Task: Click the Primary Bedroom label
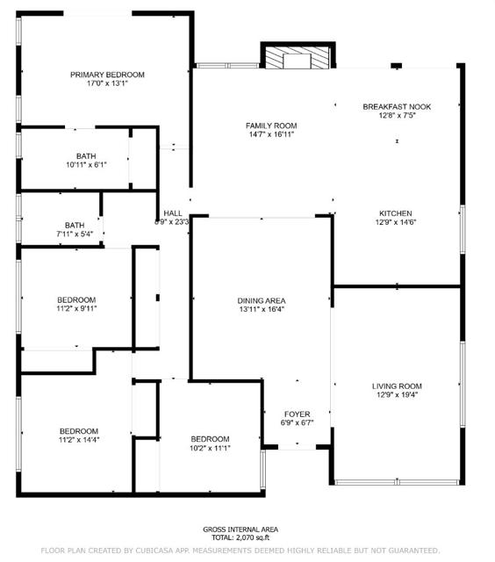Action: click(107, 75)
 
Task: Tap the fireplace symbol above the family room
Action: click(298, 55)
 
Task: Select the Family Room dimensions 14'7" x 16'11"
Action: click(271, 134)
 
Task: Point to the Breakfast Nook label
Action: click(397, 107)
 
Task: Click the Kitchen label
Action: click(396, 213)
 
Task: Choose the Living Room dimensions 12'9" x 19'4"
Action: click(397, 395)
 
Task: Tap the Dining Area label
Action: click(262, 300)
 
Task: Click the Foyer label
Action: click(298, 414)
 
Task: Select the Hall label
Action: click(173, 213)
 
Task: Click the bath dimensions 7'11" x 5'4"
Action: click(75, 234)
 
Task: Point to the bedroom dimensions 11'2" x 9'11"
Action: click(76, 308)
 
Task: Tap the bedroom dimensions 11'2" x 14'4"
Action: click(79, 440)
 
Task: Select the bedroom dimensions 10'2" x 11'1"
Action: click(210, 448)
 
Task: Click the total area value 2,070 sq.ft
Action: click(253, 537)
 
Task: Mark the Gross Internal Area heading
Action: click(240, 530)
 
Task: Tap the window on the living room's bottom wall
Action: click(397, 482)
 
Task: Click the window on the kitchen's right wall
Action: click(463, 229)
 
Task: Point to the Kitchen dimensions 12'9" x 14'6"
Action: click(396, 222)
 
